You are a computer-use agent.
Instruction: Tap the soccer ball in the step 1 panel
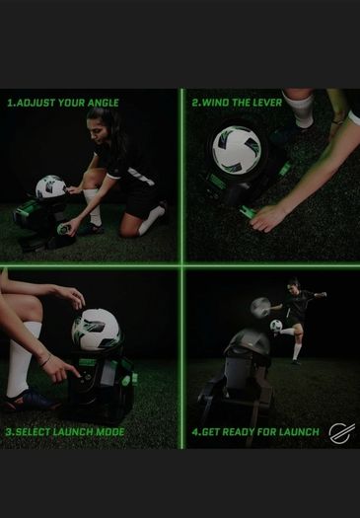[x=51, y=186]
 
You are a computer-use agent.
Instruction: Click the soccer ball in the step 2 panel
[x=237, y=150]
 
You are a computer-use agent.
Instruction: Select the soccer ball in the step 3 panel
[x=96, y=330]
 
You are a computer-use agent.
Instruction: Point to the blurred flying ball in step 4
[x=260, y=308]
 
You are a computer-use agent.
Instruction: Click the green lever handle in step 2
[x=248, y=212]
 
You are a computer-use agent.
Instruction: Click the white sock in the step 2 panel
[x=300, y=108]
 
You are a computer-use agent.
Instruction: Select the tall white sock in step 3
[x=22, y=359]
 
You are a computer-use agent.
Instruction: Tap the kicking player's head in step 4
[x=293, y=286]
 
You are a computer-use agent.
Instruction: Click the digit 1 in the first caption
[x=10, y=103]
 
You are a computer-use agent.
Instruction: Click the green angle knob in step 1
[x=63, y=229]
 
